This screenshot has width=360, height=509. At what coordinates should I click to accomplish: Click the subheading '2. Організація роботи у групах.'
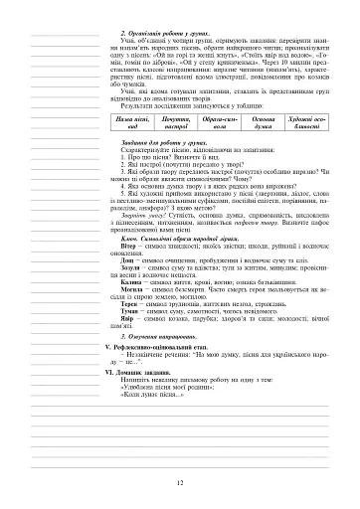tap(171, 34)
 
